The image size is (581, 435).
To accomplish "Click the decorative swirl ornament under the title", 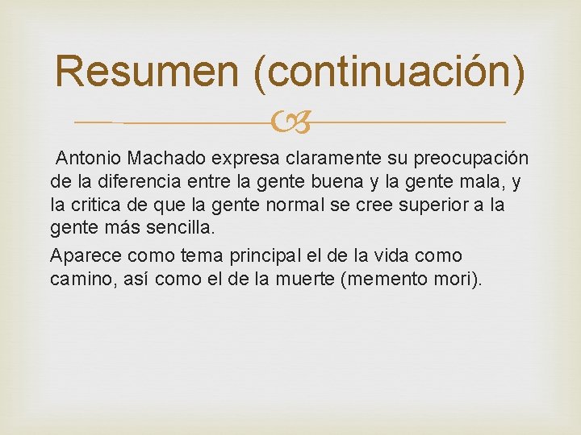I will [290, 123].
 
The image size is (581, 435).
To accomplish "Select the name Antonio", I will [87, 159].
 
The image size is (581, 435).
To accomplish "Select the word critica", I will [99, 204].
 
